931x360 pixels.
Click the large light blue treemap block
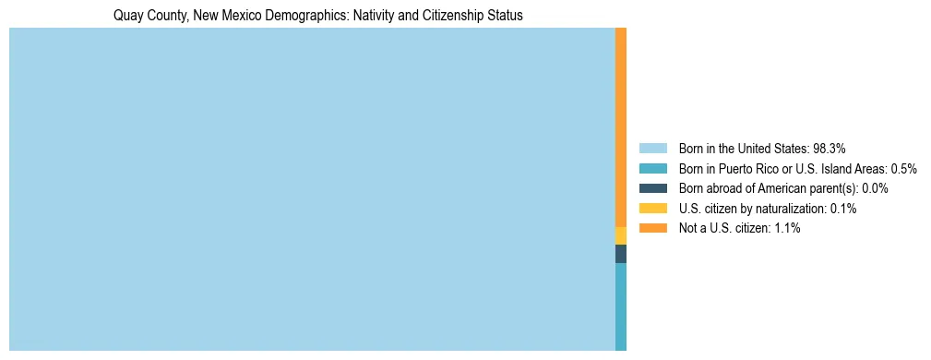click(312, 189)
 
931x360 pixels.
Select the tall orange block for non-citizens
click(621, 127)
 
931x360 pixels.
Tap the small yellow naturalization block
click(621, 235)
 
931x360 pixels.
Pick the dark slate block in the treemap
click(621, 254)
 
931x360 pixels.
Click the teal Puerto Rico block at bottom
click(621, 306)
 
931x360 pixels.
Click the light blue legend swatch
click(652, 148)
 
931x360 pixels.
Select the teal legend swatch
click(652, 168)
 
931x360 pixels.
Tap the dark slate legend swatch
click(652, 188)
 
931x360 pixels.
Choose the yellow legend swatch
click(652, 209)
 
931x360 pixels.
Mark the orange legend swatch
click(652, 228)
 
